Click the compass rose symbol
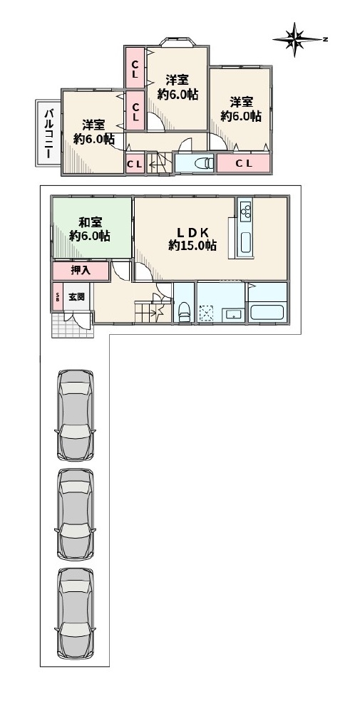(x=297, y=39)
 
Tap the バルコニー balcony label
(x=48, y=133)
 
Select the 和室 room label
(x=91, y=222)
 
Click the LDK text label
(x=192, y=232)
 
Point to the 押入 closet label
(x=81, y=271)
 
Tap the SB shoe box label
(x=57, y=297)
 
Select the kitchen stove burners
(x=245, y=211)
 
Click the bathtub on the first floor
(x=268, y=312)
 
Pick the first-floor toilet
(x=184, y=311)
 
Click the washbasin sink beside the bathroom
(x=233, y=315)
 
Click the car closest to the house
(x=76, y=415)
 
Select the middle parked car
(x=76, y=514)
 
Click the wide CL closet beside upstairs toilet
(x=244, y=164)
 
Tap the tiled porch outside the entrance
(x=73, y=325)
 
